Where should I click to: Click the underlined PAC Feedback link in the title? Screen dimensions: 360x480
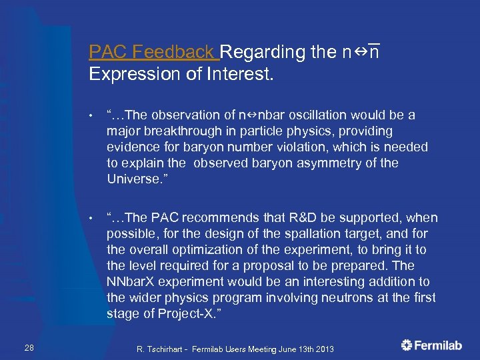(153, 52)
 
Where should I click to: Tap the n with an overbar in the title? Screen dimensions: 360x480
(374, 52)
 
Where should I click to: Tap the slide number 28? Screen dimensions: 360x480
(29, 345)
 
